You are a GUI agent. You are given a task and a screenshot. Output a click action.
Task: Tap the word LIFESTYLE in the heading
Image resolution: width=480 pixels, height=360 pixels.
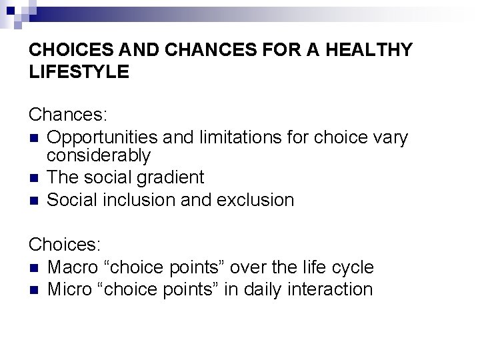click(79, 71)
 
